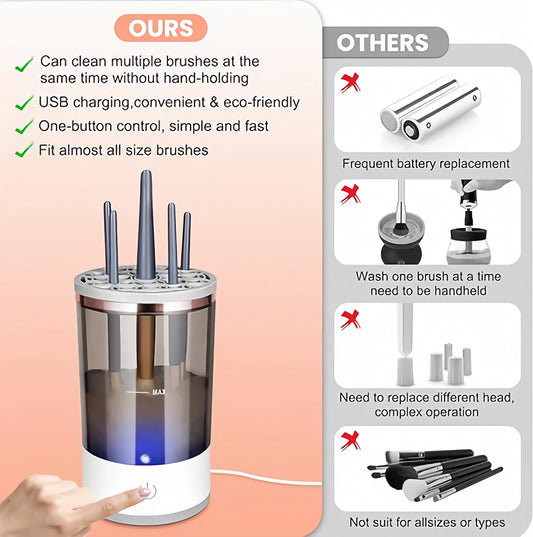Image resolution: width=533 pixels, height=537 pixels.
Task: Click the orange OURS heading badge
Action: coord(161,27)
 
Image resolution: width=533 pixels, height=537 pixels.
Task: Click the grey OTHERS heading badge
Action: coord(382,43)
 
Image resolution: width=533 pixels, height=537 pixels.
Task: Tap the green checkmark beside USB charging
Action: coord(24,102)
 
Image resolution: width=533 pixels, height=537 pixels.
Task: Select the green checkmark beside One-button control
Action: coord(24,127)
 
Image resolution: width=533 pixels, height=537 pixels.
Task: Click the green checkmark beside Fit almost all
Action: coord(24,151)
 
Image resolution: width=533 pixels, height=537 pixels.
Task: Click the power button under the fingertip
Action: coord(146,490)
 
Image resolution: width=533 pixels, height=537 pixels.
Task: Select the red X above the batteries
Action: coord(350,79)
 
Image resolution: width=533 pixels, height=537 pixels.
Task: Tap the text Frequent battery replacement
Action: coord(426,163)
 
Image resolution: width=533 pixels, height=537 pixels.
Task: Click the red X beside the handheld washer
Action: coord(350,194)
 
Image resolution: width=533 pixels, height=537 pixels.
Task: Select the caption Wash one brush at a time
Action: coord(426,276)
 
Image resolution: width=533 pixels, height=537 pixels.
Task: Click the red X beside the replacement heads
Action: coord(350,319)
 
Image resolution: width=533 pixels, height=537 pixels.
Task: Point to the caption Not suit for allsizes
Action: coord(426,522)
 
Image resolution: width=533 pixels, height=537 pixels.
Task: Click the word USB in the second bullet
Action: coord(56,102)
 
